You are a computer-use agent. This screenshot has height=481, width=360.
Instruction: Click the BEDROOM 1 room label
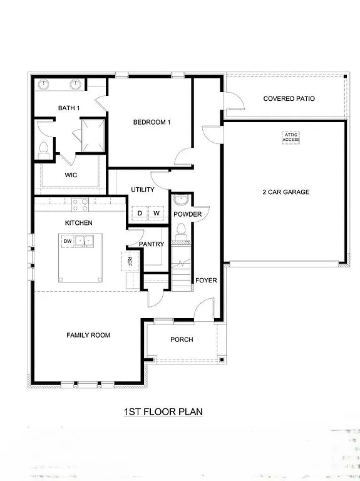point(152,122)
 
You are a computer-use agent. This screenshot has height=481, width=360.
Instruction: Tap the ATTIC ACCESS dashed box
point(291,137)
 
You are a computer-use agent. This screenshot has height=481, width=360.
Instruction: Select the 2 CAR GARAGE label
point(285,192)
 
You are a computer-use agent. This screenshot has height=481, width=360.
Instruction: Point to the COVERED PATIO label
point(289,99)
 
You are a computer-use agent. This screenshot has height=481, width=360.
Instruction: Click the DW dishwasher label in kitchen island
point(67,240)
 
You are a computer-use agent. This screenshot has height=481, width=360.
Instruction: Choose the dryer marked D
point(140,214)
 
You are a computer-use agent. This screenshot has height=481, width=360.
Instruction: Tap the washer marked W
point(157,214)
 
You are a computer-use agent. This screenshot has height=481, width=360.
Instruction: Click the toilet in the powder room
point(182,232)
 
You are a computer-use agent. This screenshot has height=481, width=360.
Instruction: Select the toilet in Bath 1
point(44,150)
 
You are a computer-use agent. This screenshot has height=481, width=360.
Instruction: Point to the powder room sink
point(181,201)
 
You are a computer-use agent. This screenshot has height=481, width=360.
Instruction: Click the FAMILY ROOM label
point(88,335)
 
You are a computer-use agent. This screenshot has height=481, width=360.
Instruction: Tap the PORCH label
point(182,339)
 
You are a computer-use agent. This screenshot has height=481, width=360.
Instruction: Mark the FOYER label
point(206,280)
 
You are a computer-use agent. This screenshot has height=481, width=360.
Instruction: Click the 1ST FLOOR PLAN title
point(163,411)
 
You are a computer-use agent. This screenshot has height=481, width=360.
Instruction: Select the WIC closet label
point(71,175)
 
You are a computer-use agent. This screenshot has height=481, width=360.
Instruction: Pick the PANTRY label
point(152,244)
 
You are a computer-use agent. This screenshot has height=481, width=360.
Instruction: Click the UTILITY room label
point(143,190)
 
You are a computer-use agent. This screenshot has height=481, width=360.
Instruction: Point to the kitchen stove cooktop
point(80,202)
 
